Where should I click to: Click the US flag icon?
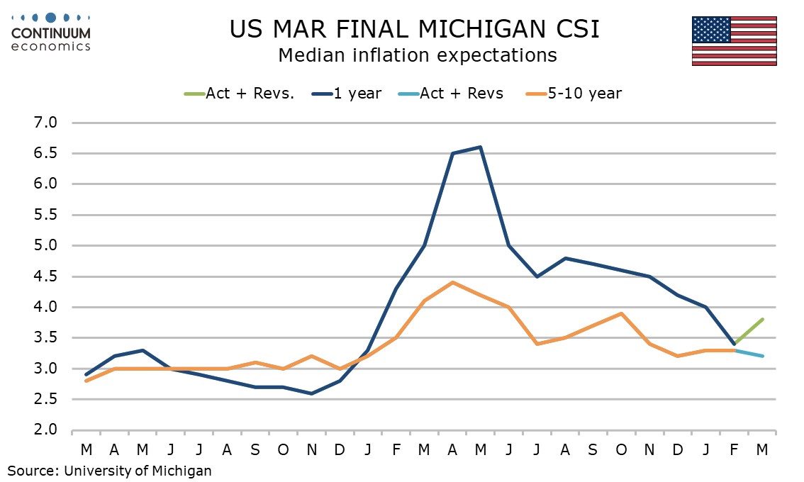point(734,41)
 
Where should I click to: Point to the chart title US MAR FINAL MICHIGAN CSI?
point(415,29)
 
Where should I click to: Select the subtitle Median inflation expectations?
point(417,55)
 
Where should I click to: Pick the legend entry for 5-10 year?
point(574,94)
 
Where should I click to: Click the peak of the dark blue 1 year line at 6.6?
point(480,147)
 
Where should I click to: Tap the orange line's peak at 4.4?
point(452,282)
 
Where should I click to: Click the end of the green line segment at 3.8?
point(762,319)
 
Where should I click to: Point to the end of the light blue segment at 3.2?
point(762,356)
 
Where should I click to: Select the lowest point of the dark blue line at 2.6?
point(311,393)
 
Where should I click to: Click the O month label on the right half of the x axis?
point(621,449)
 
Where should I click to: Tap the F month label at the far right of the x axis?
point(734,449)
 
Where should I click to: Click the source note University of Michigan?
point(110,469)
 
